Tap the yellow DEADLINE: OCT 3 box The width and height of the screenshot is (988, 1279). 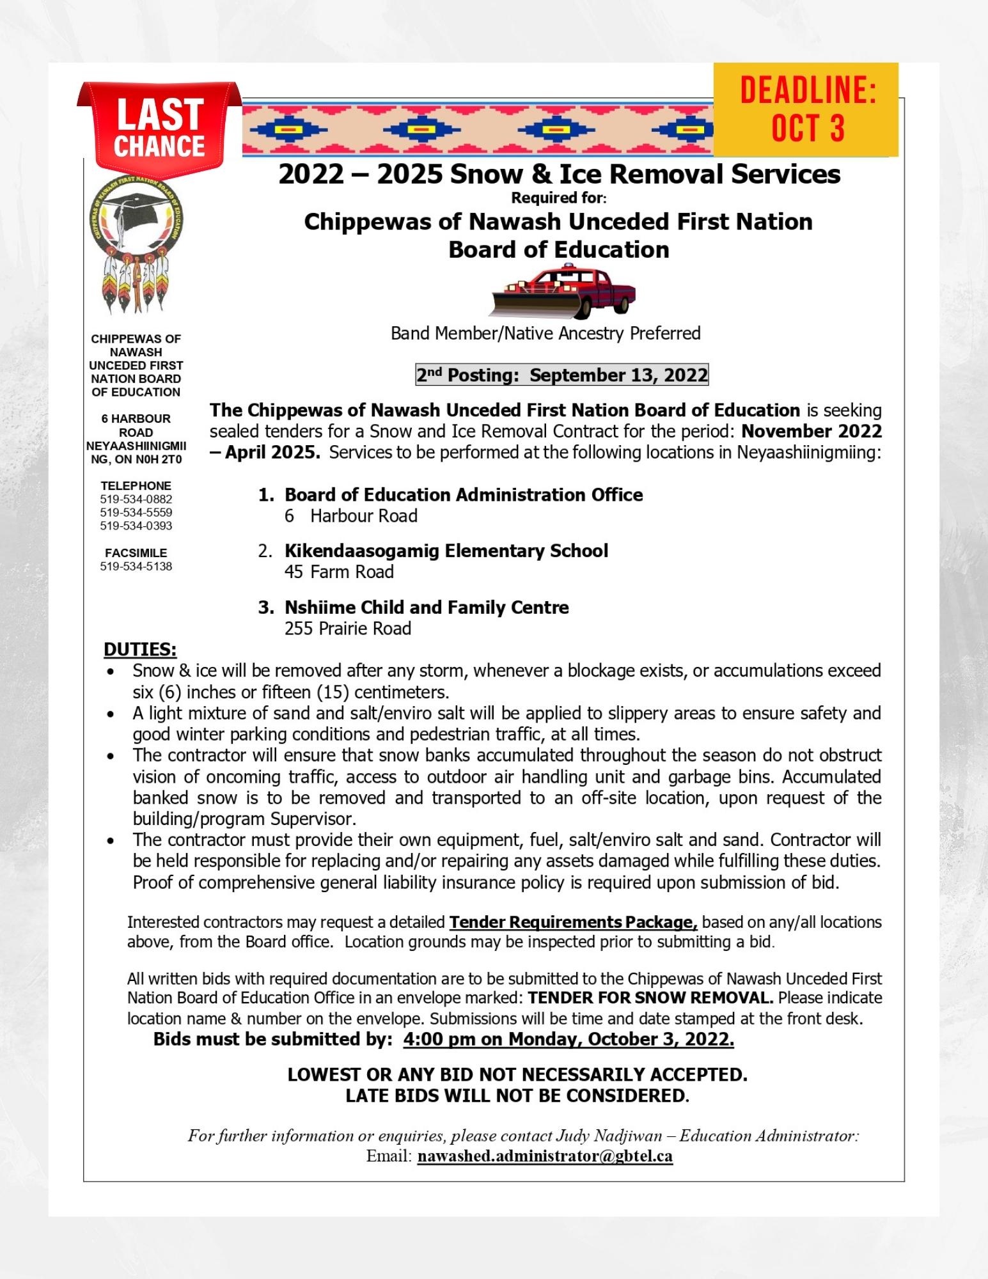(x=806, y=109)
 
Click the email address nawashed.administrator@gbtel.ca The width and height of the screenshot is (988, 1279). (x=545, y=1156)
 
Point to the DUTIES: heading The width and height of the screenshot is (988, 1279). (x=140, y=650)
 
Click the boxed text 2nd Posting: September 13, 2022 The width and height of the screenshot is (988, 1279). (x=561, y=375)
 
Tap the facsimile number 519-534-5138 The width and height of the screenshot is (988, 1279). (x=136, y=567)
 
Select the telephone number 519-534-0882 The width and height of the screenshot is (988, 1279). (x=136, y=499)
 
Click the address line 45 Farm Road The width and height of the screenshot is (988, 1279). (x=339, y=572)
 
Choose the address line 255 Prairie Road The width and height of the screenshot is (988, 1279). (x=347, y=629)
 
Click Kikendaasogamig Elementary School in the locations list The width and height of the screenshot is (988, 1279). (x=446, y=551)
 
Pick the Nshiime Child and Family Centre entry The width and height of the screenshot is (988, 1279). (x=426, y=607)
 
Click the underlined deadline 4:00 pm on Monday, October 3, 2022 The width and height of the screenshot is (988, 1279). (x=568, y=1039)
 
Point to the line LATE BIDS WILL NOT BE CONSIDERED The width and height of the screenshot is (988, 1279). (x=517, y=1096)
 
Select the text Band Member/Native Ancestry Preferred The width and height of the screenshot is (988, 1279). (x=545, y=333)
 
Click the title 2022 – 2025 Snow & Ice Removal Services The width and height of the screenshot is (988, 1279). (x=559, y=174)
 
